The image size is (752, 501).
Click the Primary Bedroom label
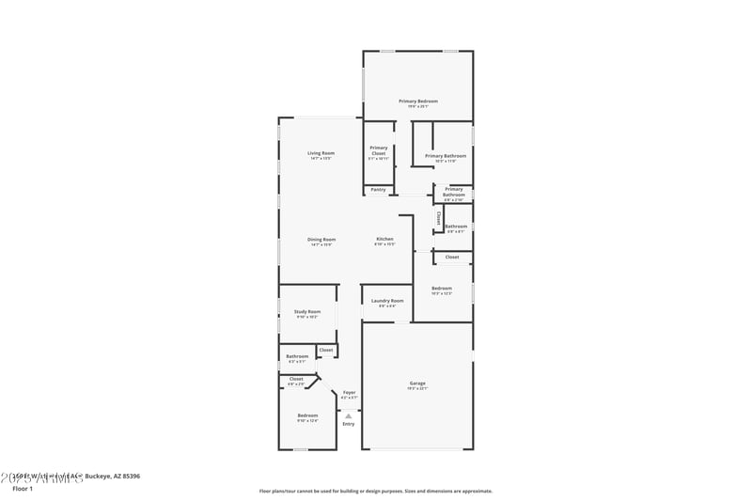[x=418, y=102]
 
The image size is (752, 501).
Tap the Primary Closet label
[x=378, y=149]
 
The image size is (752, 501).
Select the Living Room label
[x=321, y=153]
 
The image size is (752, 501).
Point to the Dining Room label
[x=321, y=239]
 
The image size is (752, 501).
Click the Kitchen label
[x=384, y=239]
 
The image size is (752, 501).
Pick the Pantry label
[x=378, y=190]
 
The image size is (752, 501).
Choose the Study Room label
[x=307, y=311]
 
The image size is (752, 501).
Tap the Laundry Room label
[x=387, y=301]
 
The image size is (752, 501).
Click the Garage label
[x=417, y=384]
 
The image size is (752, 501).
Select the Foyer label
[x=349, y=392]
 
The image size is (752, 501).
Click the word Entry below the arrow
[x=348, y=424]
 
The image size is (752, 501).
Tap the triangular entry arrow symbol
[x=348, y=415]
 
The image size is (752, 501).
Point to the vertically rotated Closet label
[x=438, y=219]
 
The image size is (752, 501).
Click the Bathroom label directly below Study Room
[x=297, y=356]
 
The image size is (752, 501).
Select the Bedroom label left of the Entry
[x=307, y=415]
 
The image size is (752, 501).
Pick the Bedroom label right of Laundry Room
[x=442, y=288]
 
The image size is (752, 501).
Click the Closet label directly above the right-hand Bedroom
[x=452, y=257]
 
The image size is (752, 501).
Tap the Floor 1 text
[x=22, y=489]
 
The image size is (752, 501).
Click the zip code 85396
[x=128, y=477]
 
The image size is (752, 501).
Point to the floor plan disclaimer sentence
[x=375, y=491]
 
